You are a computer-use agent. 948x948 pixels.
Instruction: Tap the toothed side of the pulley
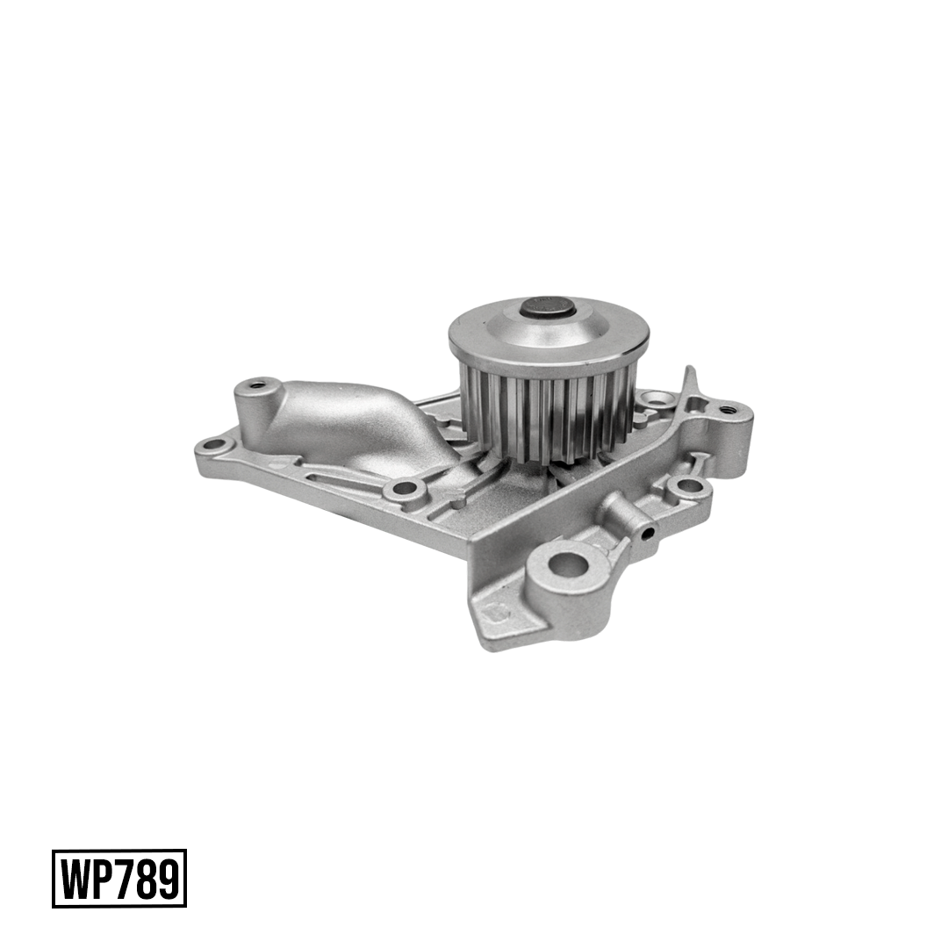pos(538,411)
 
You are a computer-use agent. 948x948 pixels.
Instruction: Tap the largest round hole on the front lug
pos(567,564)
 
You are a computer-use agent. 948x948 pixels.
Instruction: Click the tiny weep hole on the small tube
pos(647,534)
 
